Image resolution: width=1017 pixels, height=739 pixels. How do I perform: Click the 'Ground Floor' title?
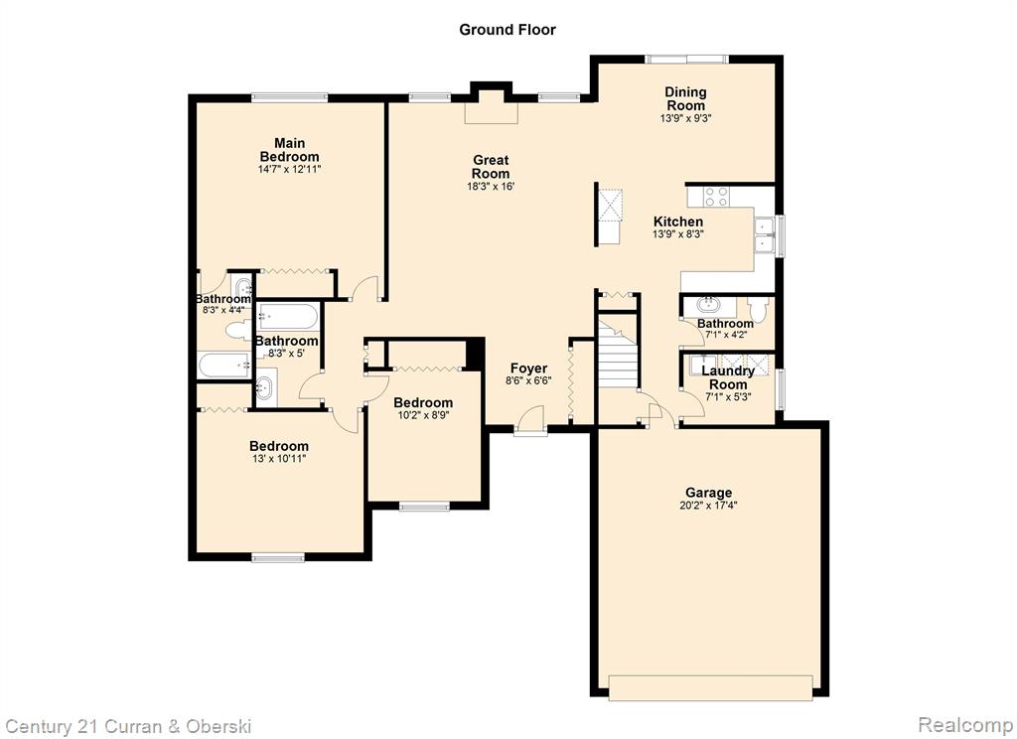pyautogui.click(x=508, y=30)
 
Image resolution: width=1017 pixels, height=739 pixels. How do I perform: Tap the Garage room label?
pyautogui.click(x=708, y=493)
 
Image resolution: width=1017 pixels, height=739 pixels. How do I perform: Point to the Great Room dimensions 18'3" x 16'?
pyautogui.click(x=491, y=187)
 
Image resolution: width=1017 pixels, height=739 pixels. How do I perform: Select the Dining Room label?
pyautogui.click(x=685, y=98)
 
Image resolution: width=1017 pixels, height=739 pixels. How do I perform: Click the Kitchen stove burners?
pyautogui.click(x=717, y=196)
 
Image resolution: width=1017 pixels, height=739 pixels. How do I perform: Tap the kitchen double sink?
pyautogui.click(x=764, y=234)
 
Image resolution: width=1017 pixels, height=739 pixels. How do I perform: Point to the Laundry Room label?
pyautogui.click(x=728, y=377)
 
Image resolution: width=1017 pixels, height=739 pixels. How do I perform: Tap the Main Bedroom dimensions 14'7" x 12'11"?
pyautogui.click(x=289, y=170)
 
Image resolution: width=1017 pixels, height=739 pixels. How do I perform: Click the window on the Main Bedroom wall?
pyautogui.click(x=289, y=98)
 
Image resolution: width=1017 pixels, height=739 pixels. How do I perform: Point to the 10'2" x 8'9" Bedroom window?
pyautogui.click(x=424, y=506)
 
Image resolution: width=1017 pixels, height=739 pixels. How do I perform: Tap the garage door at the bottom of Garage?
pyautogui.click(x=710, y=687)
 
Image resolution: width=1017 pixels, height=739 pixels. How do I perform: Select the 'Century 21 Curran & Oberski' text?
pyautogui.click(x=128, y=727)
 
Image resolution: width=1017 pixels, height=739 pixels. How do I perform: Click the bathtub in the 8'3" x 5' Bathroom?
pyautogui.click(x=288, y=317)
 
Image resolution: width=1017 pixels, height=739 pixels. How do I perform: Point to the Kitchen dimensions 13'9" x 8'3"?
pyautogui.click(x=677, y=234)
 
